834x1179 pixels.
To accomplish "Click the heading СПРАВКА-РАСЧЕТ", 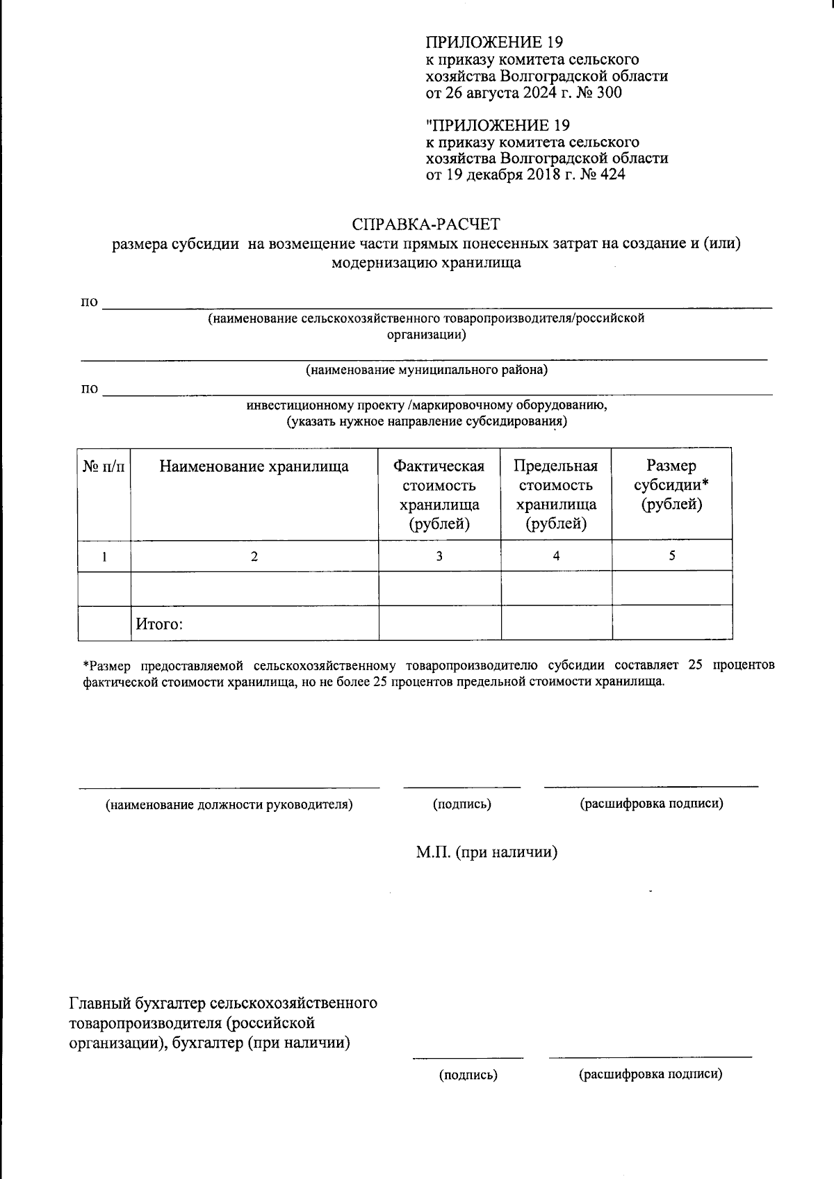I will click(x=426, y=225).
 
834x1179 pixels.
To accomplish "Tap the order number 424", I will click(x=612, y=174).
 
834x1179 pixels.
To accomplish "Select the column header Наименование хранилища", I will click(x=254, y=466).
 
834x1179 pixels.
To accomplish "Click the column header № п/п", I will click(x=104, y=466).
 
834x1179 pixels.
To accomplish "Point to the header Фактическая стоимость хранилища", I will click(x=439, y=494).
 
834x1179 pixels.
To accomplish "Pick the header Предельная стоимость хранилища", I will click(x=556, y=494).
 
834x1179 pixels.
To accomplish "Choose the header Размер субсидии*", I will click(x=671, y=485).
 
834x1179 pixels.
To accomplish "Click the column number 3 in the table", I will click(x=439, y=556).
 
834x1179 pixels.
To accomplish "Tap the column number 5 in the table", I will click(x=672, y=556).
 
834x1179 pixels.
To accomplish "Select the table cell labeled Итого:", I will click(x=159, y=624).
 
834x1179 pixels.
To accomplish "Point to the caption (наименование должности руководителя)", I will click(x=229, y=805).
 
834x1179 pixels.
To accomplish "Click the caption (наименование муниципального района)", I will click(x=427, y=370).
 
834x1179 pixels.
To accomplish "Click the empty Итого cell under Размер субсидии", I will click(x=672, y=623).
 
